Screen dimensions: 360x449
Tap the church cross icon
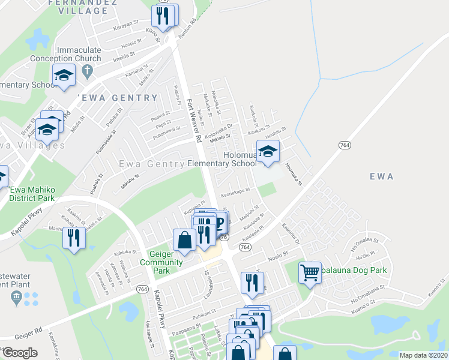88,72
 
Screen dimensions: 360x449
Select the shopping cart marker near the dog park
309,273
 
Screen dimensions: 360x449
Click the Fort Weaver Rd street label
193,121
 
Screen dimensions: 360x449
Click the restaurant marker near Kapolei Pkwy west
74,238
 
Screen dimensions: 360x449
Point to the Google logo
19,352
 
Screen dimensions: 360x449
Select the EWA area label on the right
382,176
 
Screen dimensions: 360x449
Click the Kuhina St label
125,253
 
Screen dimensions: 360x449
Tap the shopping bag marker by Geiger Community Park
184,240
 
